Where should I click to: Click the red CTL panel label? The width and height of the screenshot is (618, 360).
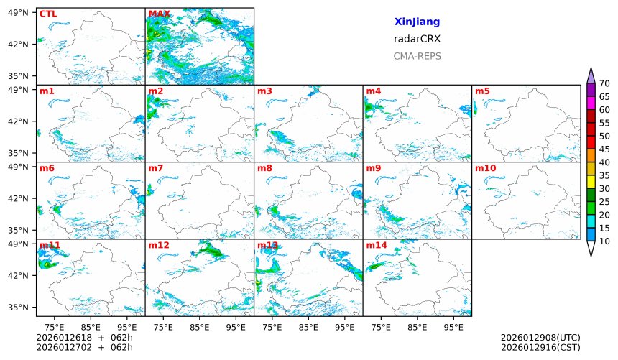point(47,14)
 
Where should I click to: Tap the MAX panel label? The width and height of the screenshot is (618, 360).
point(159,14)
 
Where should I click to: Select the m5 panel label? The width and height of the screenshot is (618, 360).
point(482,91)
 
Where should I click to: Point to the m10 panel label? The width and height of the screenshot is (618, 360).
point(485,168)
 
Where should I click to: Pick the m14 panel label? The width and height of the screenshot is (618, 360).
point(377,245)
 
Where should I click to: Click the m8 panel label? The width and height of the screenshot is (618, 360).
point(264,168)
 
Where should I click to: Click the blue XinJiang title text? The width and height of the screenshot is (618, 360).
point(417,22)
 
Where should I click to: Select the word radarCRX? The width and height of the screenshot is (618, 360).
point(417,39)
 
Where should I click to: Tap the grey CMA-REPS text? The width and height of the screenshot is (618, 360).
point(417,56)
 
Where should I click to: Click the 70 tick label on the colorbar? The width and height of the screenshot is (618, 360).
point(604,84)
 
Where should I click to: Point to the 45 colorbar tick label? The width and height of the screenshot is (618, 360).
point(604,149)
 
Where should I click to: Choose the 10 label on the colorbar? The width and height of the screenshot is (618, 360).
point(604,241)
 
